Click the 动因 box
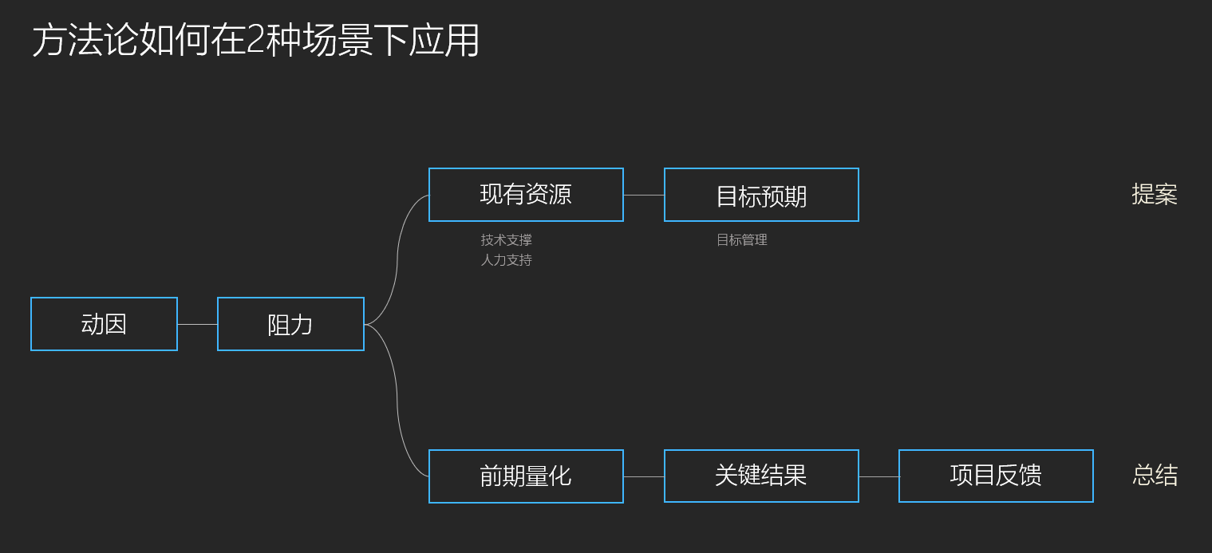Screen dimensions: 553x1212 pyautogui.click(x=104, y=324)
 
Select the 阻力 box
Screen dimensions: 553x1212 pyautogui.click(x=290, y=324)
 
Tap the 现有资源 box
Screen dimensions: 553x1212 pyautogui.click(x=526, y=195)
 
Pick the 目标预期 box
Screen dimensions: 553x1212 pyautogui.click(x=761, y=195)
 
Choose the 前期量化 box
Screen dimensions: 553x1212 pyautogui.click(x=526, y=476)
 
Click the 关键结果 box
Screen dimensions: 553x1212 pyautogui.click(x=761, y=476)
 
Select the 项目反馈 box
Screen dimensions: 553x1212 pyautogui.click(x=996, y=476)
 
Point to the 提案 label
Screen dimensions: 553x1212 pyautogui.click(x=1154, y=195)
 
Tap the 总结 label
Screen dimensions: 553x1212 pyautogui.click(x=1155, y=476)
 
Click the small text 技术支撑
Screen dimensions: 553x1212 pyautogui.click(x=506, y=240)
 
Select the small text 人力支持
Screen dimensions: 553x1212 pyautogui.click(x=506, y=260)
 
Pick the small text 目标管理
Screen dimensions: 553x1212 pyautogui.click(x=741, y=240)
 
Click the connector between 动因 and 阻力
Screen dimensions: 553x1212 pyautogui.click(x=197, y=325)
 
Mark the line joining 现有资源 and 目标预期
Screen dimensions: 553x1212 pyautogui.click(x=643, y=195)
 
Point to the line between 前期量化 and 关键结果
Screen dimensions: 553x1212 pyautogui.click(x=643, y=477)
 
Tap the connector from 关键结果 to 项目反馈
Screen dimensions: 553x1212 pyautogui.click(x=878, y=477)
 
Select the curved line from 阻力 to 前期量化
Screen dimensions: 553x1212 pyautogui.click(x=397, y=391)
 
